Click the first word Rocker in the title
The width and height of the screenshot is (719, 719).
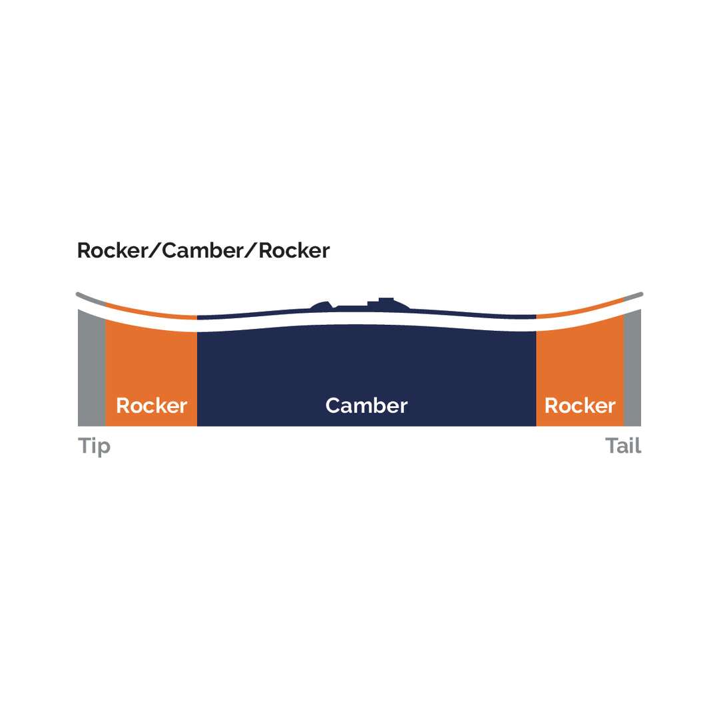pos(113,250)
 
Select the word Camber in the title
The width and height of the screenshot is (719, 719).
pos(202,250)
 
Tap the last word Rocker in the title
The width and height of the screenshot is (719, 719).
pos(294,250)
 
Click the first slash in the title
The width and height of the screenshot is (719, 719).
pos(155,250)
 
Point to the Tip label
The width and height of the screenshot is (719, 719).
pos(94,446)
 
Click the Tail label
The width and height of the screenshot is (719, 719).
pos(622,445)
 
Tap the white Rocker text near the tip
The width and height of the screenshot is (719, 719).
pos(152,406)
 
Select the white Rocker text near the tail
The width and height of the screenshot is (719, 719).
pos(580,406)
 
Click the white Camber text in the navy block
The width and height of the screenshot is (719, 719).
pos(366,406)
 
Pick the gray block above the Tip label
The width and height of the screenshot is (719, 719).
pos(92,369)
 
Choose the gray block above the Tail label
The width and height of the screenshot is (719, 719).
pos(632,369)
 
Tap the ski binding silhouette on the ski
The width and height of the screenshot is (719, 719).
pos(360,305)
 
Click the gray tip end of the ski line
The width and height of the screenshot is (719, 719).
pos(91,299)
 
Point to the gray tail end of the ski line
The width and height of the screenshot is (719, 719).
pos(633,297)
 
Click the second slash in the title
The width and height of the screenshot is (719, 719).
pos(251,250)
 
